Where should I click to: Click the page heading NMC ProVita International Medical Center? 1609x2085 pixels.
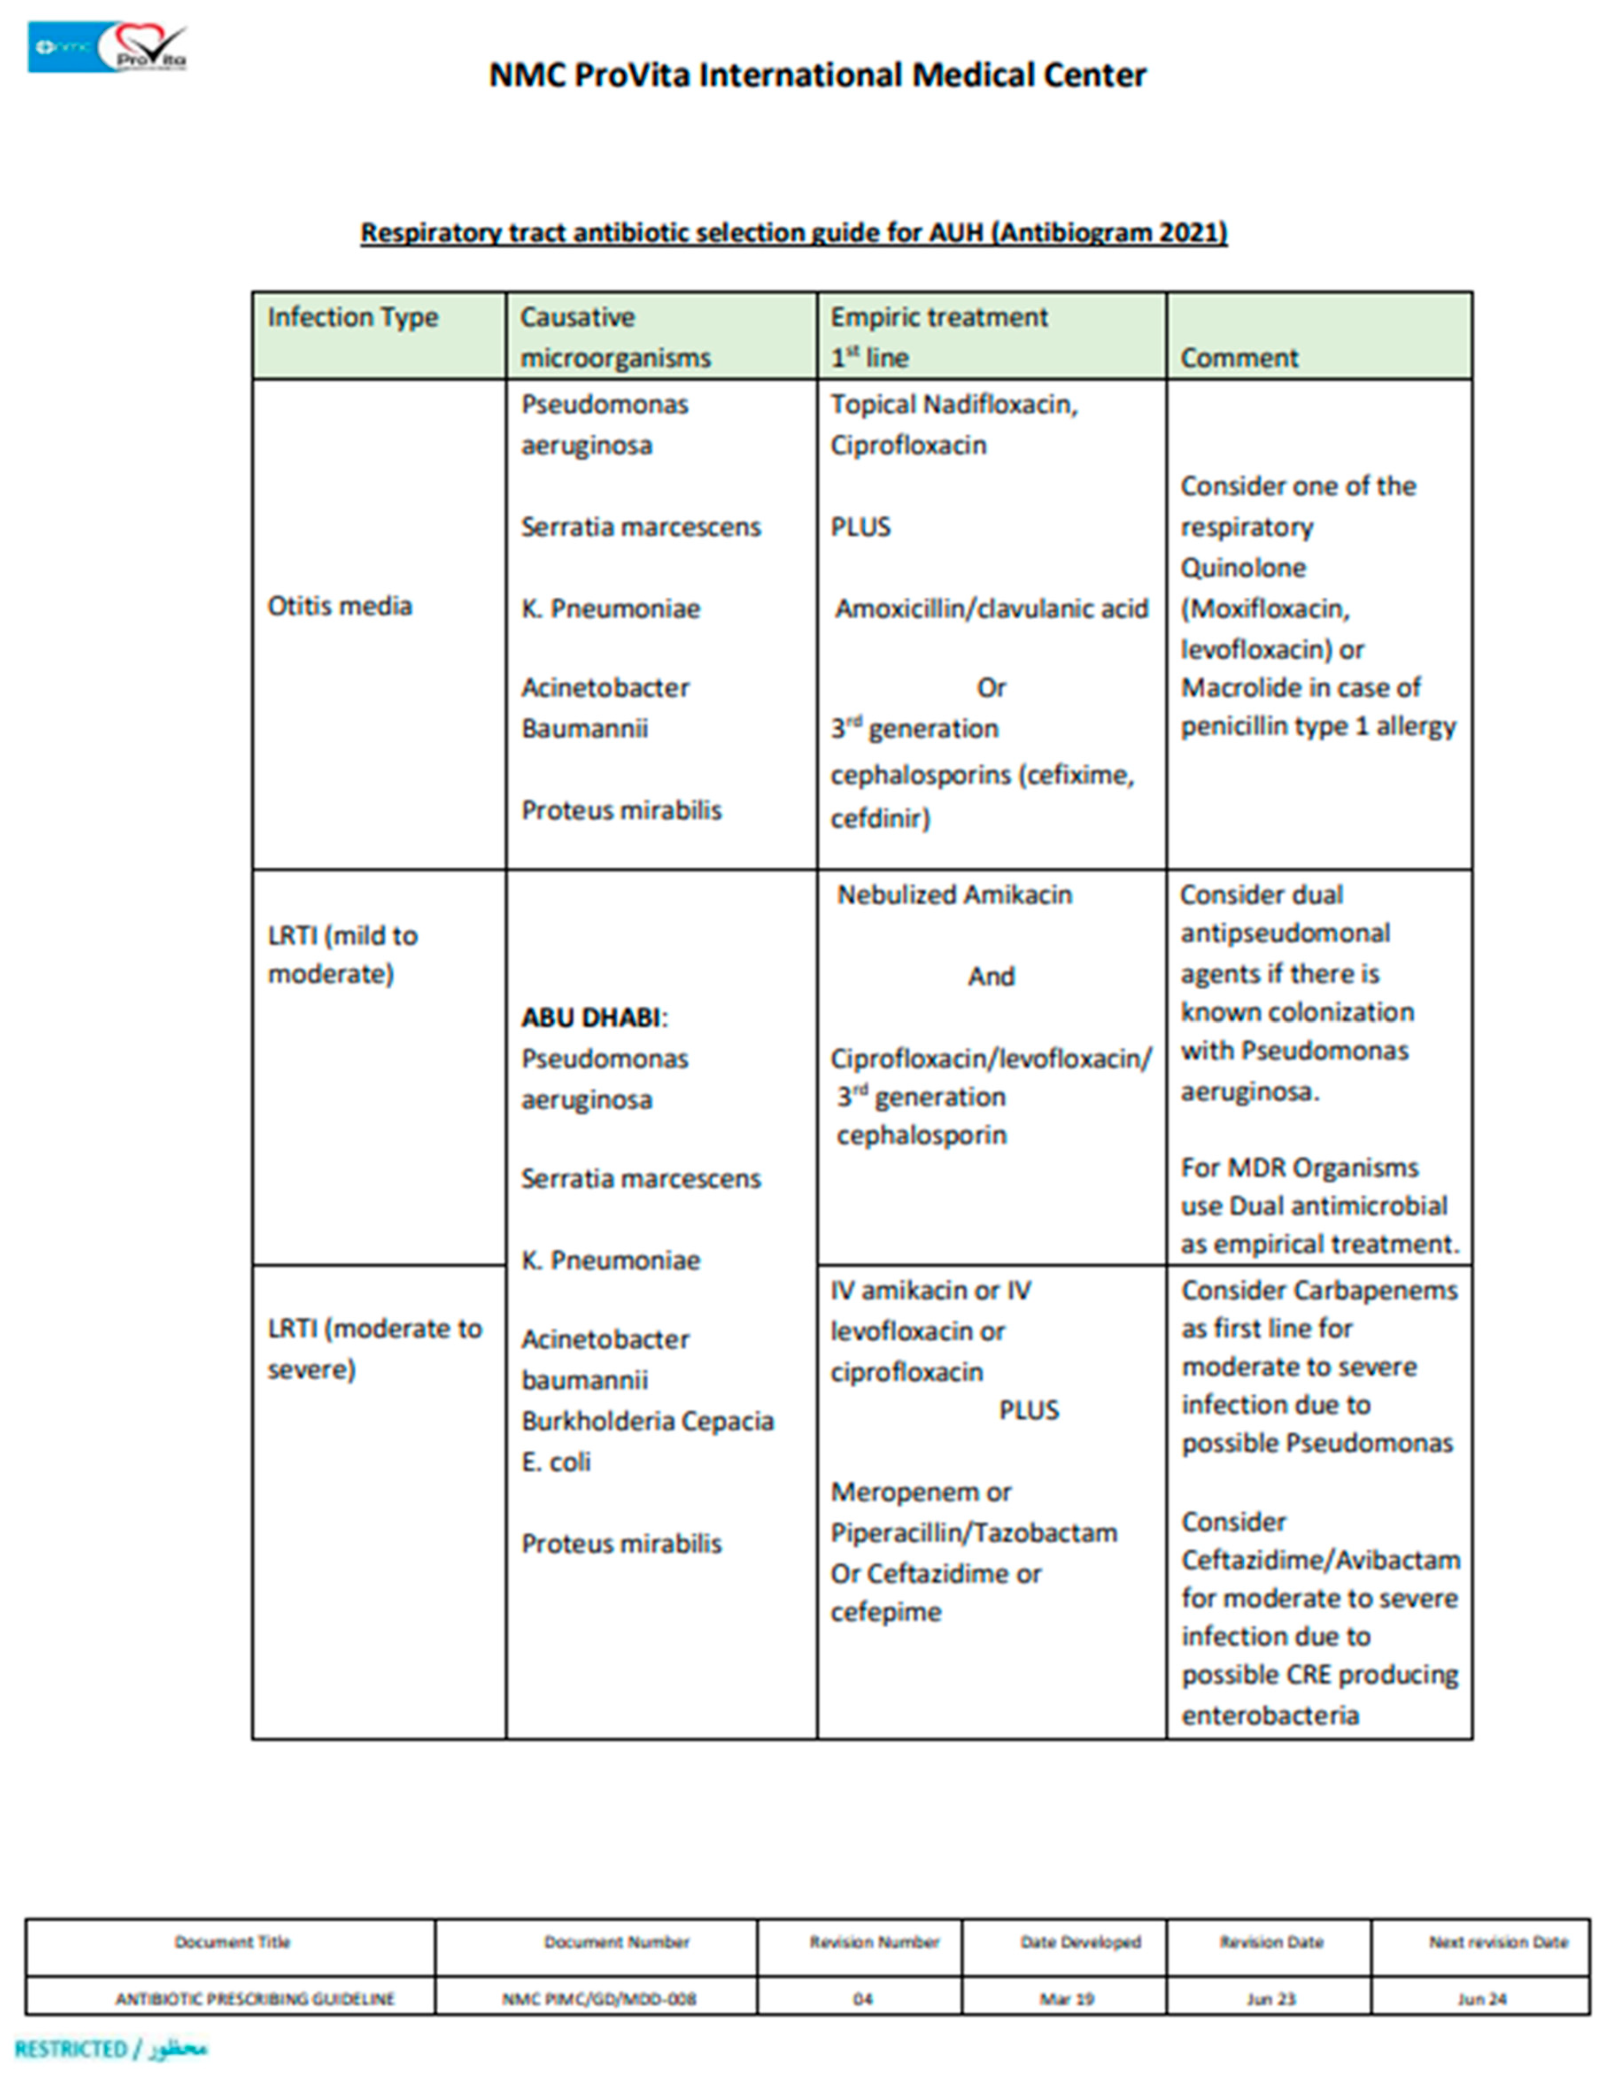pos(817,75)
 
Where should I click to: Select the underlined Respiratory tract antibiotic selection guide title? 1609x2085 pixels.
pos(793,233)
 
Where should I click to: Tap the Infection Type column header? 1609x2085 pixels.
pos(352,317)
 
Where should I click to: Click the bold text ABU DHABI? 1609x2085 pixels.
pos(590,1018)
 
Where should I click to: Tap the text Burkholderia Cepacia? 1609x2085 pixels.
pos(647,1421)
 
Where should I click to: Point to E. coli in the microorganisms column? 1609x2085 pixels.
pos(556,1462)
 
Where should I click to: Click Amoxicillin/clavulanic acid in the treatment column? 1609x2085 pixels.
pos(991,609)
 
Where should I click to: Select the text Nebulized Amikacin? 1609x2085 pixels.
pos(954,895)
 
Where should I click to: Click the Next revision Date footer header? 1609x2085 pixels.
pos(1497,1942)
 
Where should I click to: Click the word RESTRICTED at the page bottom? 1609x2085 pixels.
pos(70,2049)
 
